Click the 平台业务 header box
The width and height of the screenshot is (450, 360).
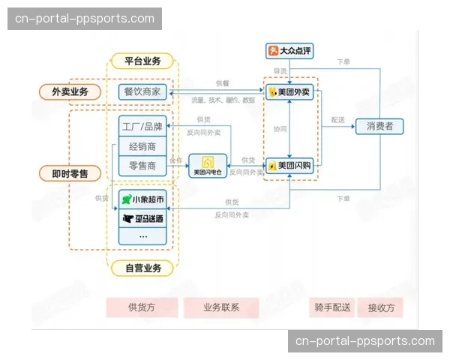click(x=142, y=61)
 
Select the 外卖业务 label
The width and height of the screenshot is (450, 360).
click(x=70, y=92)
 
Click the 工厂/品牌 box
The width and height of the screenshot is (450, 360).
click(x=142, y=126)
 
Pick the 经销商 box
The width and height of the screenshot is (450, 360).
click(x=142, y=145)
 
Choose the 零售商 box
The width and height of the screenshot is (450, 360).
click(x=142, y=165)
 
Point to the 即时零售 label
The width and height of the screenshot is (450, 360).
click(x=70, y=173)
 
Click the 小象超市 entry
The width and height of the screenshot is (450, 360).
click(x=142, y=199)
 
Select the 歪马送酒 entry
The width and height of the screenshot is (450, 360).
click(x=142, y=218)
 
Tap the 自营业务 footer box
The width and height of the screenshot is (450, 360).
click(x=142, y=267)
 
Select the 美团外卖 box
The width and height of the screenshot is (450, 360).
click(x=289, y=92)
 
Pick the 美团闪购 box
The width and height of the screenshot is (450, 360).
click(x=289, y=165)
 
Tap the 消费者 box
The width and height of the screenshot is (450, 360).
click(x=379, y=126)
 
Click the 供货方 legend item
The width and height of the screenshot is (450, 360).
click(x=142, y=307)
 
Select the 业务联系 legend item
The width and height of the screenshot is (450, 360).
click(x=221, y=307)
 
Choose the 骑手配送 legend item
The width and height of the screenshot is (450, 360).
click(x=331, y=307)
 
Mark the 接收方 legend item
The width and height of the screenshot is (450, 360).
click(x=380, y=307)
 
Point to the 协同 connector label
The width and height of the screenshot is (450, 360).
click(x=280, y=128)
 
